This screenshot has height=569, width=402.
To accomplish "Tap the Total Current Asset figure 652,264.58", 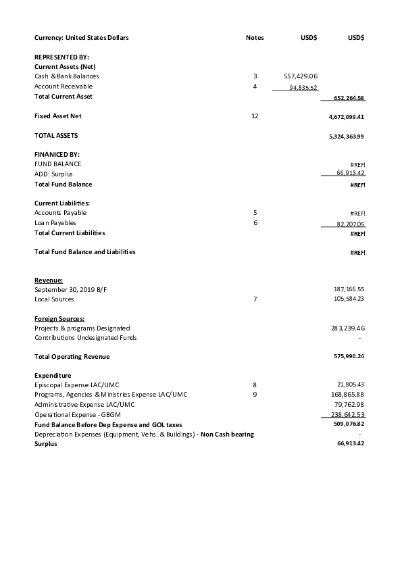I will click(349, 98).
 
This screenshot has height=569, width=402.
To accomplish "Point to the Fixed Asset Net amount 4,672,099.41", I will click(345, 117).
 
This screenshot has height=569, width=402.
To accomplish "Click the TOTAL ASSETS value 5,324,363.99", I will click(345, 137).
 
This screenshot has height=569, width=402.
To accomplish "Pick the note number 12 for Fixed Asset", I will click(255, 116).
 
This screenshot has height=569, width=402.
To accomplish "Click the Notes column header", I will click(255, 38).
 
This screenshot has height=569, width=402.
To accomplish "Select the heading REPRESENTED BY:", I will click(61, 57).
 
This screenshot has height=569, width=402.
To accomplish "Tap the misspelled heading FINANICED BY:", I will click(57, 155).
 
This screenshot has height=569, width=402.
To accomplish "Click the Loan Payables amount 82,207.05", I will click(350, 224).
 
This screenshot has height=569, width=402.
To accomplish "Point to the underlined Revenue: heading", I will click(49, 280).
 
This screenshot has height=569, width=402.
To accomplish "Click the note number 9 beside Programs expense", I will click(255, 394).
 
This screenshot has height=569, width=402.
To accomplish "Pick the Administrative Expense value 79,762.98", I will click(349, 404).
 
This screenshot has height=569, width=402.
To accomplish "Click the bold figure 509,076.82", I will click(349, 424).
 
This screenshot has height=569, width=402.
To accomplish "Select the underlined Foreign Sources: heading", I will click(59, 318).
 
